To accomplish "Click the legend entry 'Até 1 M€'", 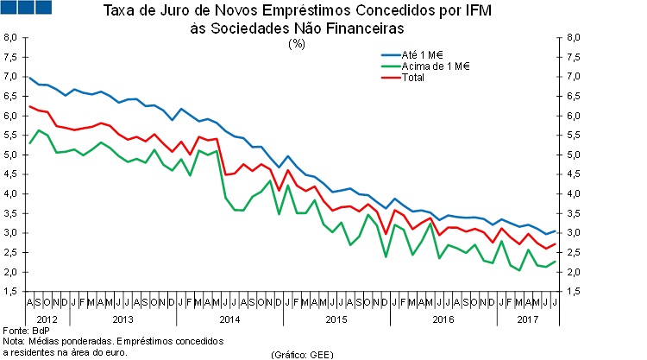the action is [411, 55].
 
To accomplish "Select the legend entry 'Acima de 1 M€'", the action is [425, 66].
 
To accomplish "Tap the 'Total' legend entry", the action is [402, 77].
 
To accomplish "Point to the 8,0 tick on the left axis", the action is [9, 37].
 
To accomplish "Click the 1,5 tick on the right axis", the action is [573, 292].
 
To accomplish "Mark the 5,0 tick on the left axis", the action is [9, 155].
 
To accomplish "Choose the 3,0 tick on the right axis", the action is [573, 233].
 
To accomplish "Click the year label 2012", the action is [47, 319].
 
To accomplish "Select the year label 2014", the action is [229, 319].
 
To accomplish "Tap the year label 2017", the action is [528, 319].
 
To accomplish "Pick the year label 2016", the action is [443, 319].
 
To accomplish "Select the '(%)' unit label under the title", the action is [297, 43].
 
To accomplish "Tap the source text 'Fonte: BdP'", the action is [27, 331].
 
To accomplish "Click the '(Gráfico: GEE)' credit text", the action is [303, 355].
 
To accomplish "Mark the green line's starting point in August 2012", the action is [29, 143].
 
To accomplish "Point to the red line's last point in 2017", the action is [555, 244].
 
